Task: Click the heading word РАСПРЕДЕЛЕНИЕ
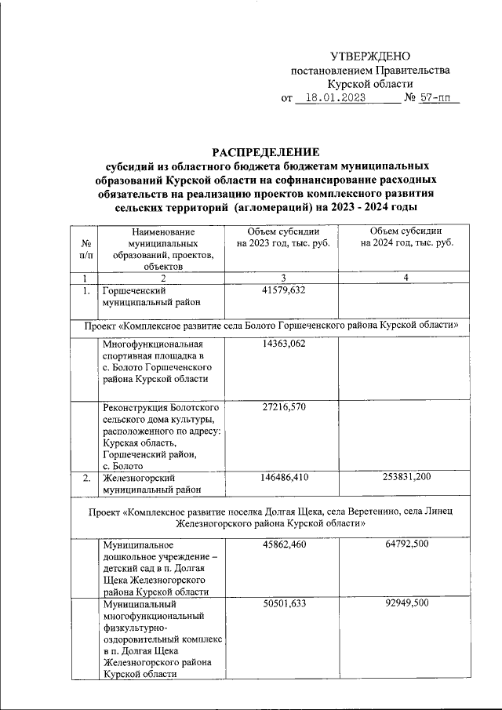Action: coord(266,151)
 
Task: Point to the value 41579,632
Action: coord(283,290)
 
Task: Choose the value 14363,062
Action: coord(283,344)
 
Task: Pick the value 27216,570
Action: coord(283,409)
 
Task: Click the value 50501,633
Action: coord(283,605)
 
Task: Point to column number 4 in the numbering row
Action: coord(406,278)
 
